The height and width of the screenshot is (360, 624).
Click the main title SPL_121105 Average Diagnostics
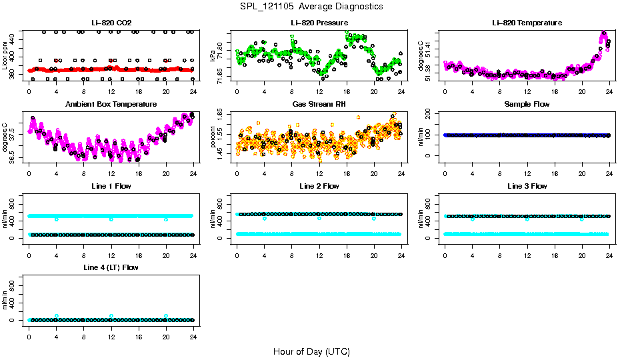(x=312, y=6)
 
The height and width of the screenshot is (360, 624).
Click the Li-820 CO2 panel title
(x=111, y=23)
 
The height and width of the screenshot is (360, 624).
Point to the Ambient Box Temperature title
(x=111, y=104)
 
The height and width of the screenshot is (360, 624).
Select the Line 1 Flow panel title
(x=111, y=186)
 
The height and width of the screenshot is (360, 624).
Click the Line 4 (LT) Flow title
(x=111, y=267)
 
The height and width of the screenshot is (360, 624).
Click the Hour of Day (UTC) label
(x=311, y=351)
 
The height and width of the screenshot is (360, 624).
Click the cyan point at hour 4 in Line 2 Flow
(x=265, y=218)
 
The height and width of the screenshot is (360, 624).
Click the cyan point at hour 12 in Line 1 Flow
(x=111, y=219)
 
